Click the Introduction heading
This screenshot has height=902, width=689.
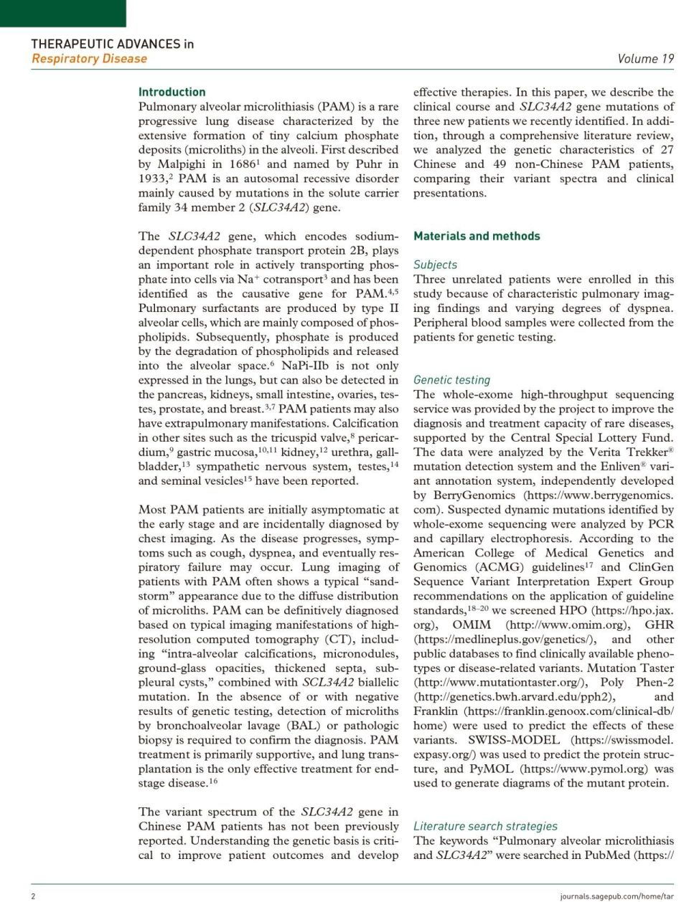172,92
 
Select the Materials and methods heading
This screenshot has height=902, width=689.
477,236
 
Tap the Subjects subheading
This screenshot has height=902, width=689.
435,265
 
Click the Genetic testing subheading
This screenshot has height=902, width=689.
451,380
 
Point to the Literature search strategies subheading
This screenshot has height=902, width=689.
485,826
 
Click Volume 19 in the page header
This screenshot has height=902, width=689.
645,59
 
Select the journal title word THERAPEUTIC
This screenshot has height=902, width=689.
70,44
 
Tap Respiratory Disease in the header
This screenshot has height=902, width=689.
89,59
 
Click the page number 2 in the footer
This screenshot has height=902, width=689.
33,896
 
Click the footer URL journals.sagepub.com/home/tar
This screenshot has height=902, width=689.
617,896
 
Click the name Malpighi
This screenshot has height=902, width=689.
181,164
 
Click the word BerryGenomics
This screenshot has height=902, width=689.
474,495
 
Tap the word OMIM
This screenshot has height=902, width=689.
472,625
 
